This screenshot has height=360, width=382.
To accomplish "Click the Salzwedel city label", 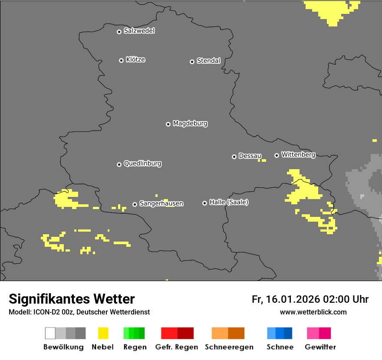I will tap(139, 31).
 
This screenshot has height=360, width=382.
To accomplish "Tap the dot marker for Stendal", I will tap(192, 62).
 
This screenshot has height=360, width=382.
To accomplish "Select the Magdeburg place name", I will tap(190, 124).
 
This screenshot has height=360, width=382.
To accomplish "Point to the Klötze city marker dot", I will tap(121, 60).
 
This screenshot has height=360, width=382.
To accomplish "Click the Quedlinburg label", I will tap(142, 164).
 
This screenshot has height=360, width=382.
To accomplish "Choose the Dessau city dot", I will tap(234, 157).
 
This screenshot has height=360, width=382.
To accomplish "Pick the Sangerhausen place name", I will tap(161, 203).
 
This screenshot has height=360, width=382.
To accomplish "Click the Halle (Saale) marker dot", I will tap(204, 203).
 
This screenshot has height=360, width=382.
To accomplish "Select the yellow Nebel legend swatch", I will tap(103, 333).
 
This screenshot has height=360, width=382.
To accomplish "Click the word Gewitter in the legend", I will tap(320, 347).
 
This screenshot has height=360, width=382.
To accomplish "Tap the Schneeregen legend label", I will tap(229, 347).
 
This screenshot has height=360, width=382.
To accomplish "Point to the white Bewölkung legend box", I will tap(50, 333).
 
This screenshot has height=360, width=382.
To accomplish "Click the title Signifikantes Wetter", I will tap(72, 299).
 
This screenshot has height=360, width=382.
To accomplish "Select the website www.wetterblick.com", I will tap(313, 312).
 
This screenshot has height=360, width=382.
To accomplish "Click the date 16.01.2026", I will tap(292, 299).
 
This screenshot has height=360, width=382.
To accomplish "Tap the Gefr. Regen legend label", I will tap(176, 347).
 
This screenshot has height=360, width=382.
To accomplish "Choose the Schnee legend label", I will tap(280, 347).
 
